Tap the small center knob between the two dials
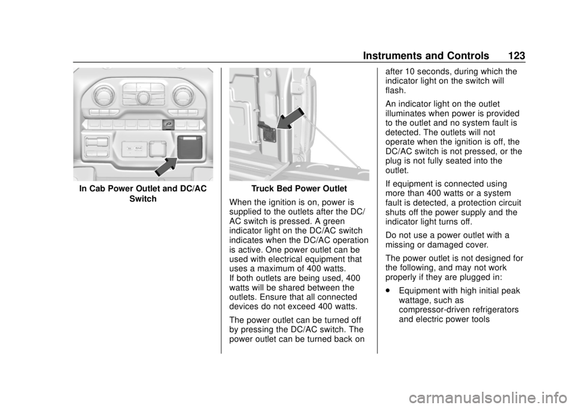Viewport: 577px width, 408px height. (143, 97)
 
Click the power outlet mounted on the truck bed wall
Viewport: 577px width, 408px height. (266, 128)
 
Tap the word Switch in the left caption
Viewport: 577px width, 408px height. (142, 199)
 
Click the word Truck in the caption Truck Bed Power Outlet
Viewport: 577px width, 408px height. (263, 189)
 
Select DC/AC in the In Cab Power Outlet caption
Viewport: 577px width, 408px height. (192, 189)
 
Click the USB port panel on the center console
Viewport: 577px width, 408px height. (138, 147)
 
